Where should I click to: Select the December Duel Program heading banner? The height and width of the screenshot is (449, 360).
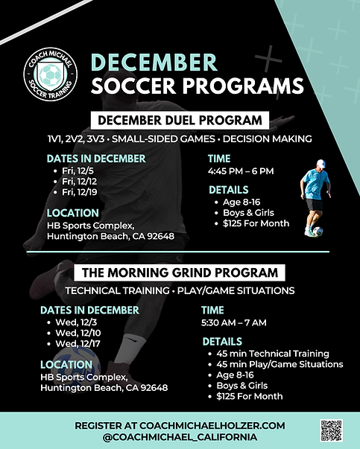coord(180,120)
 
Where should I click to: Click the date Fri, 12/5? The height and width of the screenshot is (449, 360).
coord(78,171)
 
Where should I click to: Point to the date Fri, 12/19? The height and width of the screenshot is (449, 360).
coord(80,191)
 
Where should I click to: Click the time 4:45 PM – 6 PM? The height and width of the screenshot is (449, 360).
coord(241,171)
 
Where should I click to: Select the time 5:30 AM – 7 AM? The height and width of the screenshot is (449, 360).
coord(234,322)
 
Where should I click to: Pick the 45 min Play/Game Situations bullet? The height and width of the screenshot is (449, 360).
coord(279,364)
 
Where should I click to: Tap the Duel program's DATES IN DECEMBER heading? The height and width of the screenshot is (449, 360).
coord(95,159)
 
